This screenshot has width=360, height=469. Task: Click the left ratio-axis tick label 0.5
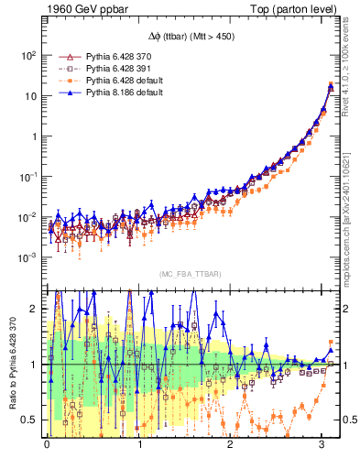coord(28,420)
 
